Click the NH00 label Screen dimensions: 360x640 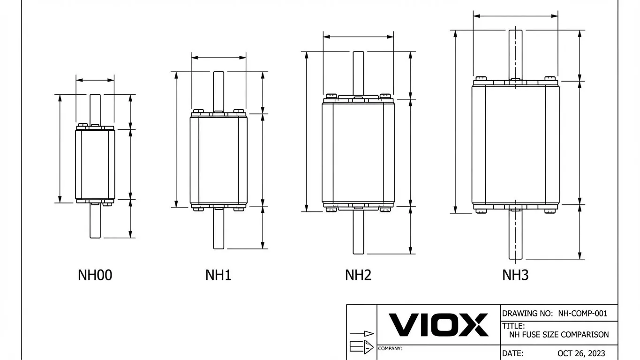(95, 275)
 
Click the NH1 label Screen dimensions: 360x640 (218, 275)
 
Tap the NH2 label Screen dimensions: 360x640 (358, 275)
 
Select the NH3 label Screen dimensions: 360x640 (515, 275)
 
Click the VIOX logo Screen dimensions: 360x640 (438, 325)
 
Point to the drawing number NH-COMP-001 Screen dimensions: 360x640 (583, 313)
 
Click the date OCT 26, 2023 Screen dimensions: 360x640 (581, 353)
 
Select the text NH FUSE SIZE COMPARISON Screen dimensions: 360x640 (558, 335)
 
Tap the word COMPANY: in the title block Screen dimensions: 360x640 (390, 349)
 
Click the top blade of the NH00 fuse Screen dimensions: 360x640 (95, 108)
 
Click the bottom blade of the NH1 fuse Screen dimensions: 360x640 (218, 230)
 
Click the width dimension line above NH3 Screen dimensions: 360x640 (515, 16)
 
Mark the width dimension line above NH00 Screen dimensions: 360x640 (95, 80)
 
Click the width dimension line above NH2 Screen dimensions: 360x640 (358, 37)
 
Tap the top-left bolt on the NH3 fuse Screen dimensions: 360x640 (481, 78)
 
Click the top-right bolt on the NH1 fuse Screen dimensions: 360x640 (239, 112)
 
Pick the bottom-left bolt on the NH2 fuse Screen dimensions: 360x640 (331, 210)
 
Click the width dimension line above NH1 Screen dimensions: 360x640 (218, 58)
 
